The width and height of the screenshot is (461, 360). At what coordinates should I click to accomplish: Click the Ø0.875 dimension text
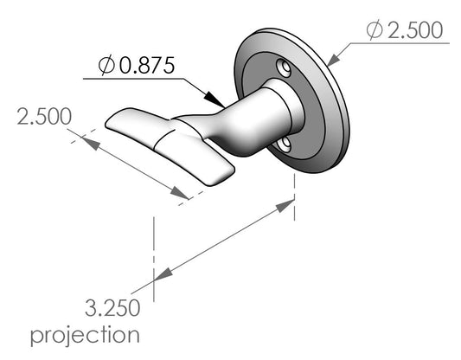pyautogui.click(x=137, y=65)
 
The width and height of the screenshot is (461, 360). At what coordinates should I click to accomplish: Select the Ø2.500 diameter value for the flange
pyautogui.click(x=405, y=30)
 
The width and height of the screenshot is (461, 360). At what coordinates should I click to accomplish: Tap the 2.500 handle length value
pyautogui.click(x=44, y=117)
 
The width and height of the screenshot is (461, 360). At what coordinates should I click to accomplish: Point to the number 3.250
pyautogui.click(x=112, y=308)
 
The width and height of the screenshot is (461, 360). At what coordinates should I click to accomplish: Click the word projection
pyautogui.click(x=85, y=335)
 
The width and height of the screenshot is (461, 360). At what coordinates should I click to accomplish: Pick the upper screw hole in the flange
pyautogui.click(x=284, y=67)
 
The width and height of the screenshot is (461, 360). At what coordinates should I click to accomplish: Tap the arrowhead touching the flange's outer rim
pyautogui.click(x=333, y=60)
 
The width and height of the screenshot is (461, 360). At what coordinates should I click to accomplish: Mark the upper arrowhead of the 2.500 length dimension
pyautogui.click(x=90, y=144)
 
